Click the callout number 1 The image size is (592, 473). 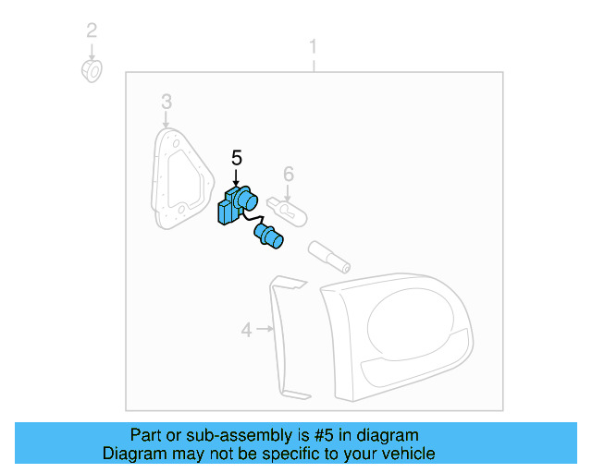click(x=313, y=46)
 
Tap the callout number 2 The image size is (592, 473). click(x=92, y=30)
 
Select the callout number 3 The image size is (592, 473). click(x=166, y=101)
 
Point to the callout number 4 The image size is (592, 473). click(x=247, y=329)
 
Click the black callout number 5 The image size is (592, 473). click(x=236, y=158)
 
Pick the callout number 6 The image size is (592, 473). click(x=288, y=173)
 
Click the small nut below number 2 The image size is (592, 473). click(x=92, y=70)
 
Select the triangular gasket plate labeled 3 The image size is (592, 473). click(x=179, y=180)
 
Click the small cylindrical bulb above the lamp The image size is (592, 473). click(x=330, y=256)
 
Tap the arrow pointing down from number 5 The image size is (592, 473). click(x=236, y=176)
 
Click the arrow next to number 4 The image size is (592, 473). click(x=265, y=328)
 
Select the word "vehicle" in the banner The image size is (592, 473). click(x=409, y=454)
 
